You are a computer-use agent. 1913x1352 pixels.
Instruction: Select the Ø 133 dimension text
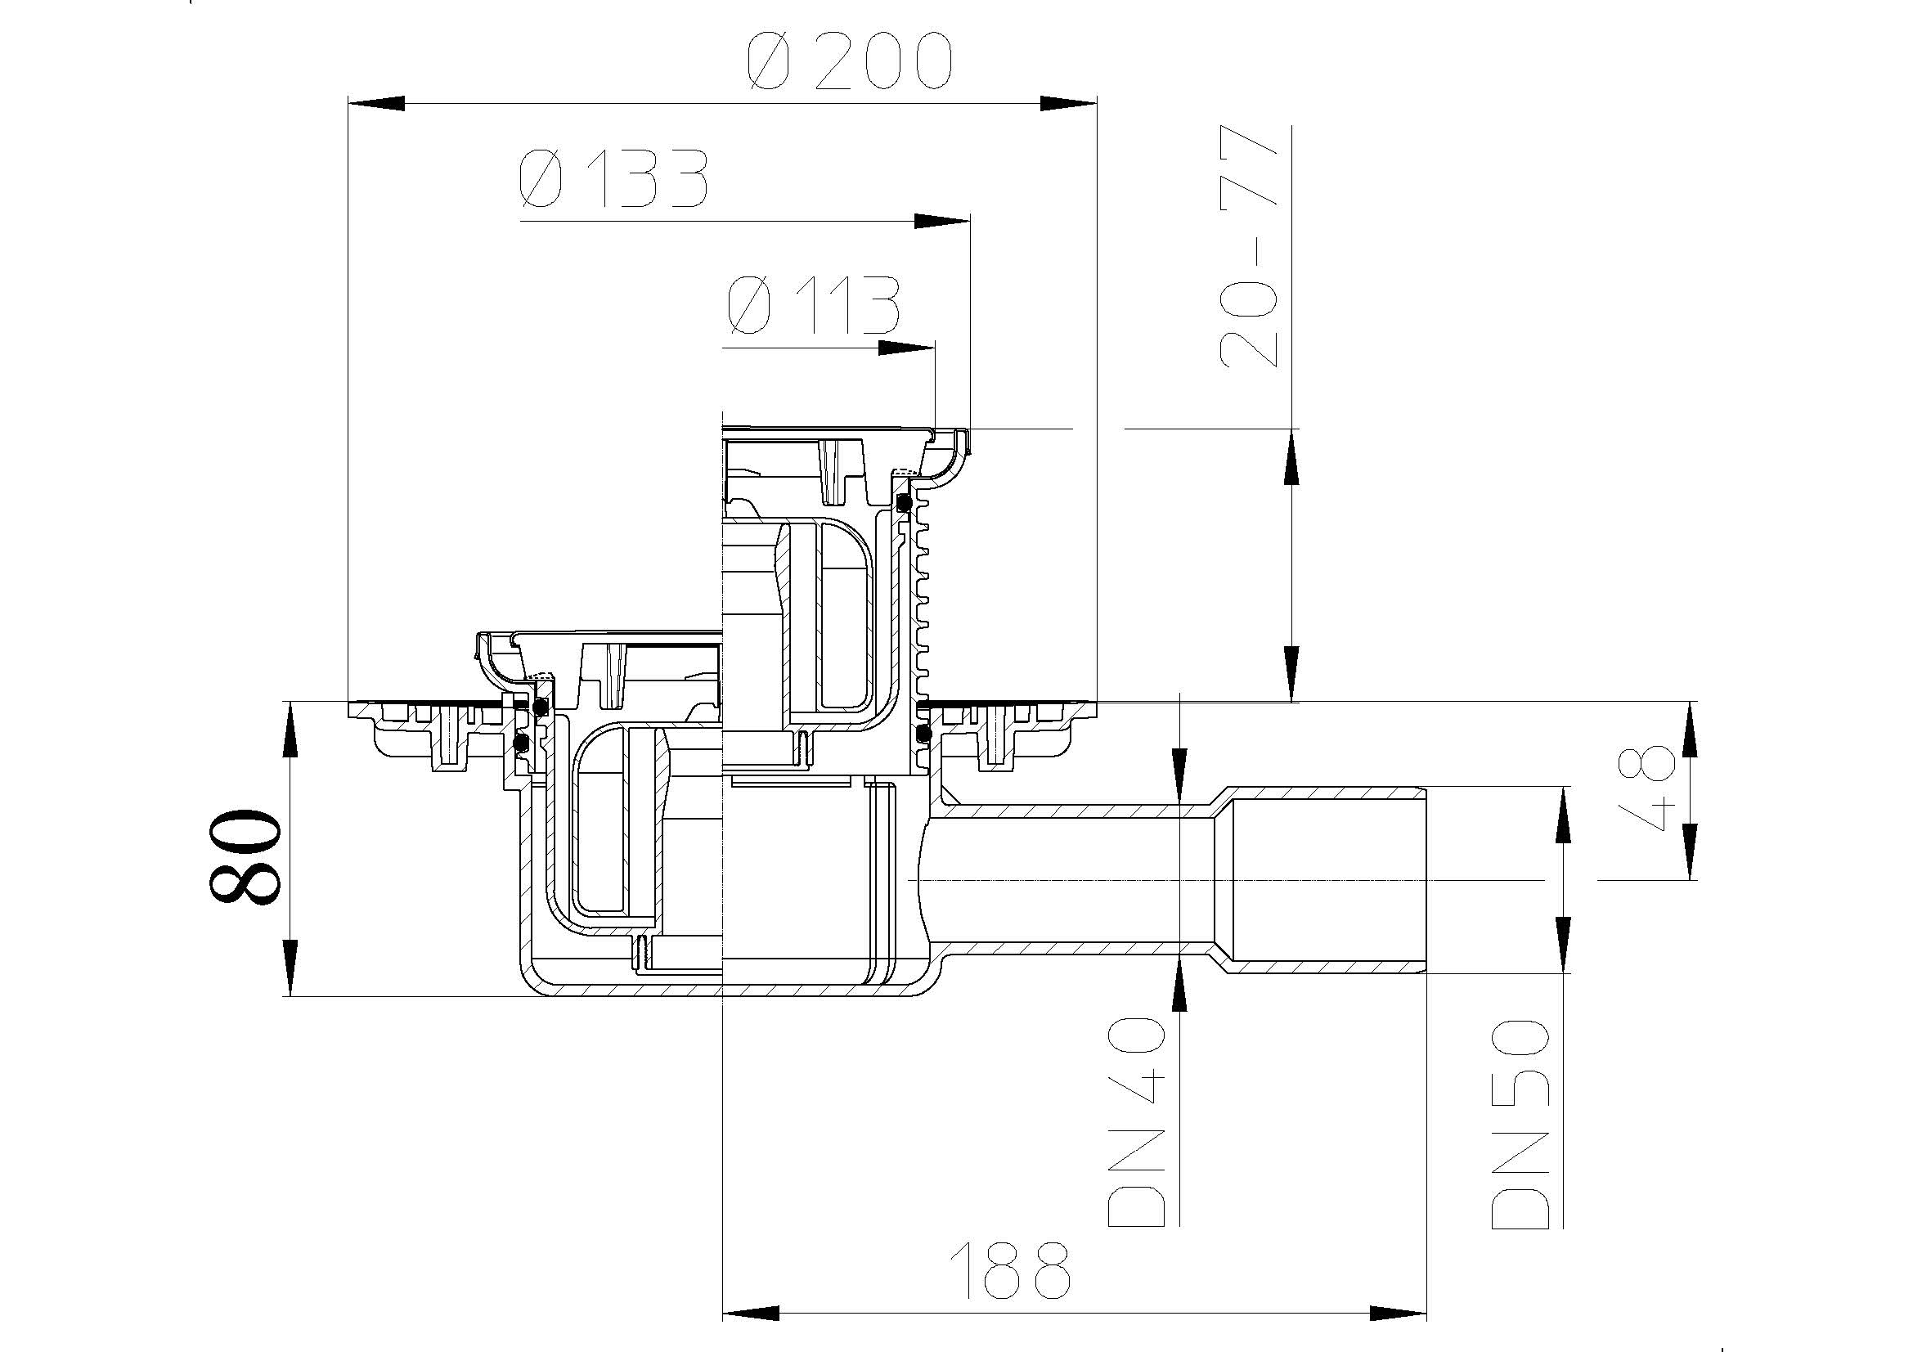(613, 179)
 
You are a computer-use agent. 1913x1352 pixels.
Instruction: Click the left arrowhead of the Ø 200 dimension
(375, 104)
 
